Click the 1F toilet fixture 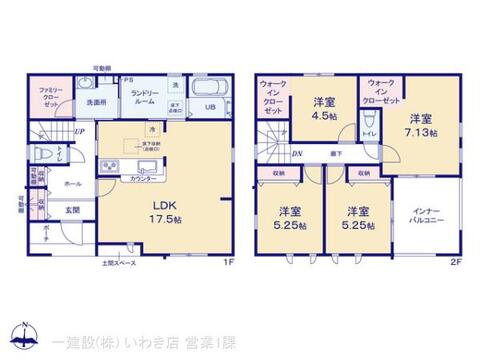click(x=43, y=154)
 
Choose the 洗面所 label click(x=96, y=102)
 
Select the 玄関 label click(x=73, y=210)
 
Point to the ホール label click(x=73, y=184)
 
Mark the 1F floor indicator click(x=228, y=262)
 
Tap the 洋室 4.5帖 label click(x=322, y=107)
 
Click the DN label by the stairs click(x=296, y=153)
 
